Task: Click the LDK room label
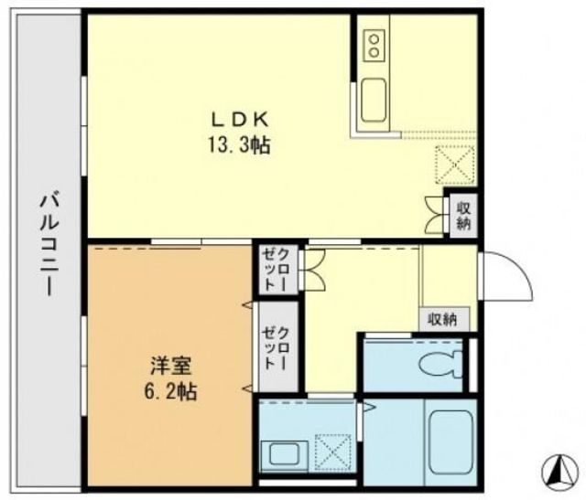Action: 240,119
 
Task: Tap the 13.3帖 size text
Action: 240,144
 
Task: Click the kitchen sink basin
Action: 375,99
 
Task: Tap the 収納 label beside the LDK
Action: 462,216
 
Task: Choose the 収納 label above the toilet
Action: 444,319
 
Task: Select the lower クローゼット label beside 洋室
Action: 276,347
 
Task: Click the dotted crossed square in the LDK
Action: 455,165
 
